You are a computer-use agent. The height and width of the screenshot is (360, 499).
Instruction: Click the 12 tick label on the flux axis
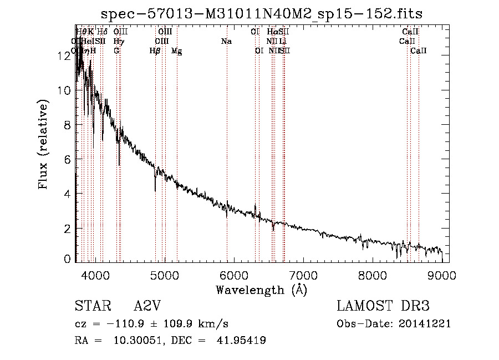pyautogui.click(x=64, y=56)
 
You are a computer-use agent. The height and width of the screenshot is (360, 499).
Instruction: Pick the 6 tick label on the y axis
pyautogui.click(x=67, y=160)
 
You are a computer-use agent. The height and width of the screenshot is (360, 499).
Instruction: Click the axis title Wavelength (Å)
pyautogui.click(x=261, y=290)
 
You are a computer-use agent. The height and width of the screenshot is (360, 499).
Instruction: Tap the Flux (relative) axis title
pyautogui.click(x=43, y=143)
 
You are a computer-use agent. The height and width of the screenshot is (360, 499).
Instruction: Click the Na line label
pyautogui.click(x=226, y=42)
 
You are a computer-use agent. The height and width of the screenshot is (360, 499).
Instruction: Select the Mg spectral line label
pyautogui.click(x=176, y=51)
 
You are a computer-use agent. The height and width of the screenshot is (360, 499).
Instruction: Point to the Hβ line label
pyautogui.click(x=155, y=51)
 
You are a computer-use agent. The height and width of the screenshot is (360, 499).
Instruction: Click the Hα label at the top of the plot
pyautogui.click(x=272, y=32)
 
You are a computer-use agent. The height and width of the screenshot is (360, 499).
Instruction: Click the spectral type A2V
pyautogui.click(x=147, y=307)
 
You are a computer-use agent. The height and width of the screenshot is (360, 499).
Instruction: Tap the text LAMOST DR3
pyautogui.click(x=383, y=307)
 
